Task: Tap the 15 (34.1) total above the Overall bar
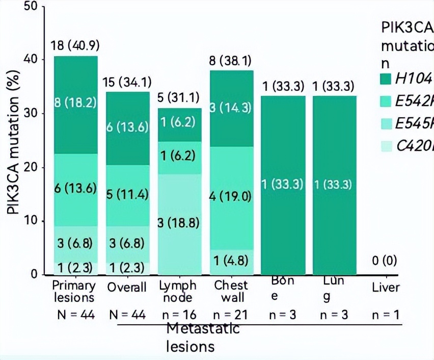pos(127,83)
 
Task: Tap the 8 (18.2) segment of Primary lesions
pos(75,102)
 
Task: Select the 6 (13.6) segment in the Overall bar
pos(127,127)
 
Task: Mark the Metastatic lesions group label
pos(203,338)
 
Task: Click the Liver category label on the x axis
pos(386,288)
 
